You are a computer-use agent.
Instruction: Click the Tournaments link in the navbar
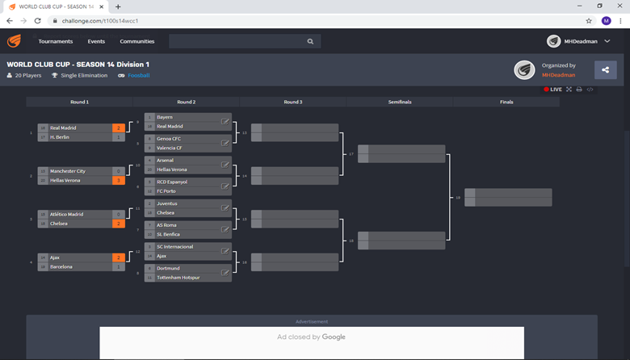point(56,41)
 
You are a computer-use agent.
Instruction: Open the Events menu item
point(96,41)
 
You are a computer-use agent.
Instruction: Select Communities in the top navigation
point(137,41)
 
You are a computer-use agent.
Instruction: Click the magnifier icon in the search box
point(310,41)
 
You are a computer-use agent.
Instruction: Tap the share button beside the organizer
point(605,70)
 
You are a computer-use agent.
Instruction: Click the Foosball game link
point(138,76)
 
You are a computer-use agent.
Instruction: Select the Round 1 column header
point(79,102)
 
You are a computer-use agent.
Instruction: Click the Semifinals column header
point(399,102)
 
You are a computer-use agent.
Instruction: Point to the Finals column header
point(506,102)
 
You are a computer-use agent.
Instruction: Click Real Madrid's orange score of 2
point(119,128)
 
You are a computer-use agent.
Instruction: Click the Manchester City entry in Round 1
point(68,171)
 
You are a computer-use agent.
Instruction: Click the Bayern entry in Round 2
point(165,117)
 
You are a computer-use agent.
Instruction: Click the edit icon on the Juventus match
point(225,208)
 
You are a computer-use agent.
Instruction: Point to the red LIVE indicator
point(553,90)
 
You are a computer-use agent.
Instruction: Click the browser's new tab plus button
point(118,6)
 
